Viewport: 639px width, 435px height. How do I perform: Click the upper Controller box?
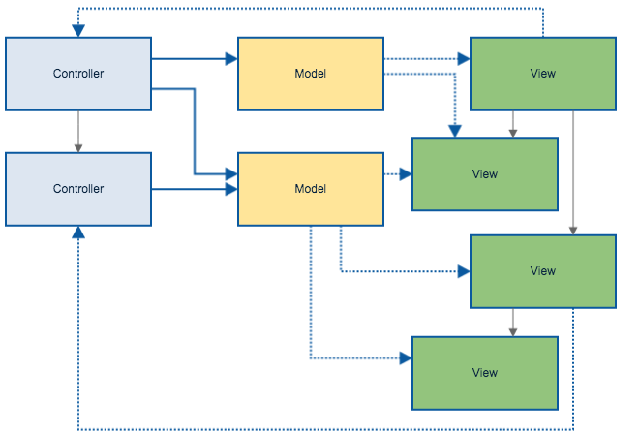click(x=78, y=74)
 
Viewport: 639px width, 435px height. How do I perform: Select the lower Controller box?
click(x=78, y=189)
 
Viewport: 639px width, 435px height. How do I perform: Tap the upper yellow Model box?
click(x=310, y=74)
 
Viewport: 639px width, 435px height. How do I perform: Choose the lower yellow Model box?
click(x=310, y=189)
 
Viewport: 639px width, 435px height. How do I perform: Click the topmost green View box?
click(x=542, y=74)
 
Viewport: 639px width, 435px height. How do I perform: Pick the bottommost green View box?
click(x=484, y=373)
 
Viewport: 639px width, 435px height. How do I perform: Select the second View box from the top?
click(x=484, y=174)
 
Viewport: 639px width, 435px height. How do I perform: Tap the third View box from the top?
click(x=542, y=271)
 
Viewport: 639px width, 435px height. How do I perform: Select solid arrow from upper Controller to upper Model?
click(x=194, y=59)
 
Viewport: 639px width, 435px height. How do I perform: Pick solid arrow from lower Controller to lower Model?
click(x=194, y=189)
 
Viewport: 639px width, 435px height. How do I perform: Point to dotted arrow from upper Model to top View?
click(x=426, y=59)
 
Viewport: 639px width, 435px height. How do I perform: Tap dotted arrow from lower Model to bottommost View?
click(x=311, y=310)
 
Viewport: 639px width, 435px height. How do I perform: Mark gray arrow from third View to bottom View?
click(x=513, y=322)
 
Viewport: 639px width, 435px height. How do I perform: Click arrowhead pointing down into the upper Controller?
click(x=78, y=31)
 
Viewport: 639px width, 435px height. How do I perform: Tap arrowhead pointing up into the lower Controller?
click(x=78, y=233)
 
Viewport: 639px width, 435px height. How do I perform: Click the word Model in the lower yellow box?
click(x=310, y=189)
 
